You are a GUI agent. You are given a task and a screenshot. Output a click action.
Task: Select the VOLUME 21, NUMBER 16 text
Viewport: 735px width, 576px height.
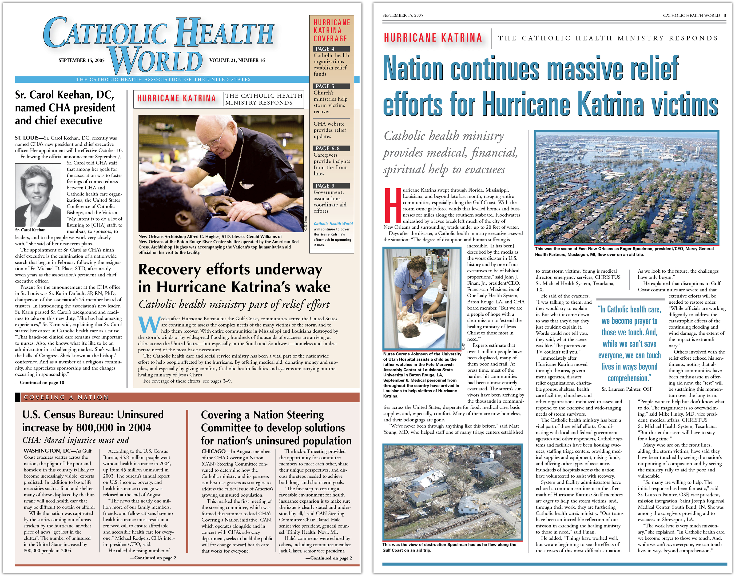[x=237, y=60]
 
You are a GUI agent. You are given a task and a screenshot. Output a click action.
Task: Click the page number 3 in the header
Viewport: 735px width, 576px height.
[x=725, y=16]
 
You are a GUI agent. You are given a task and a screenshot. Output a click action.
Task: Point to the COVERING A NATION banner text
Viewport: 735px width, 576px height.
[x=66, y=397]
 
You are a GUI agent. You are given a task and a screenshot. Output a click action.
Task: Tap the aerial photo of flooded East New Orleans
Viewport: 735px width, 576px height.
[x=627, y=187]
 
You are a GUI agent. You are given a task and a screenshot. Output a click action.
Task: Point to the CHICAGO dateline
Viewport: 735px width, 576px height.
[x=213, y=451]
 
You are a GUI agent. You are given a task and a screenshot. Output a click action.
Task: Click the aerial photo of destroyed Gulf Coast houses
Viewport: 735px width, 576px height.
[x=453, y=493]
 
